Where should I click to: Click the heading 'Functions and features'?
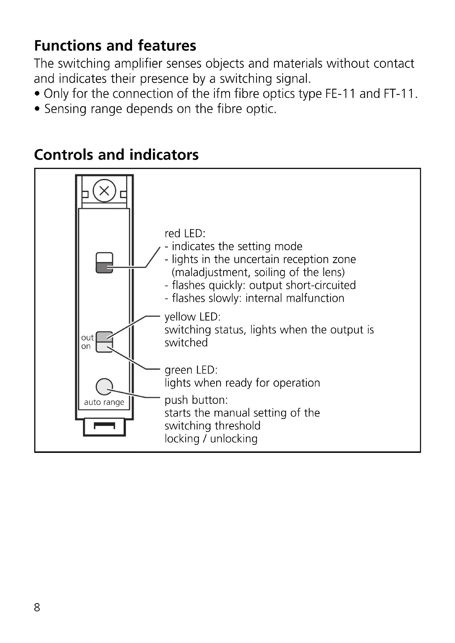pos(115,46)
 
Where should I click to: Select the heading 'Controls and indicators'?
pos(116,155)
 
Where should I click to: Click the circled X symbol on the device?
pos(104,191)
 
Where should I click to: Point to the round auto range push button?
pos(104,387)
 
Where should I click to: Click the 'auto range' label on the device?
pos(104,402)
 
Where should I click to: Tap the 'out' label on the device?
pos(87,338)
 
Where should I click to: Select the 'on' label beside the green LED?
pos(86,346)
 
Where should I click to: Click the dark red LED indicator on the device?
pos(104,268)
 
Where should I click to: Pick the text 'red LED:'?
pos(185,233)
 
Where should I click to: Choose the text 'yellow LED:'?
pos(193,317)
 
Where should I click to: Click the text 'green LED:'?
pos(191,370)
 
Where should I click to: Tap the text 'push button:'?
pos(196,400)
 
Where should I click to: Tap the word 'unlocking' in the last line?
pos(234,438)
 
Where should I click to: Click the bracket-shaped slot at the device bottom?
pos(104,426)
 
